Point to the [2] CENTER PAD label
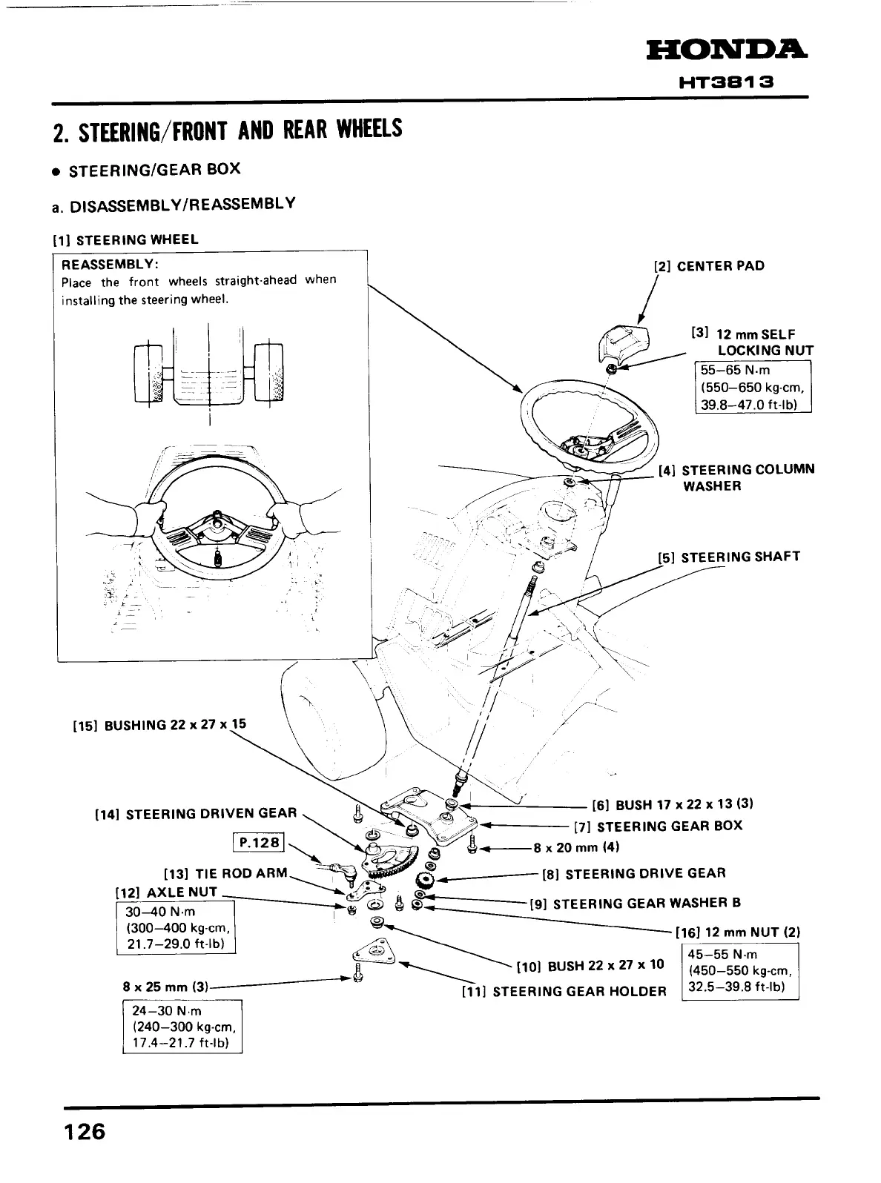click(x=708, y=266)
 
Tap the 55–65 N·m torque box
click(x=752, y=386)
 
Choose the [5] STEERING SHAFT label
click(x=729, y=557)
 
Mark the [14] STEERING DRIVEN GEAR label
click(x=196, y=814)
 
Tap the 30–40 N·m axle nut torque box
click(x=176, y=927)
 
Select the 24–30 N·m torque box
click(x=182, y=1027)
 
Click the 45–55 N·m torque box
click(x=739, y=971)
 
